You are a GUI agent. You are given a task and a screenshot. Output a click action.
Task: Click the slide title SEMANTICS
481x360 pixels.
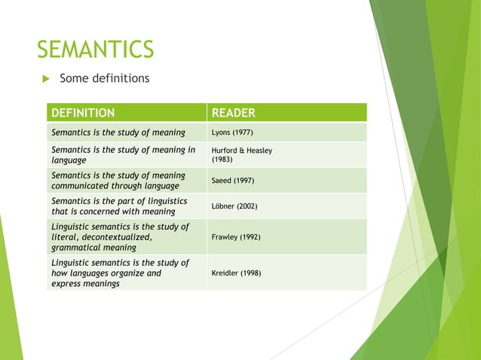coord(96,50)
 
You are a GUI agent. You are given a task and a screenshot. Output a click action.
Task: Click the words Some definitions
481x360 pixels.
coord(104,78)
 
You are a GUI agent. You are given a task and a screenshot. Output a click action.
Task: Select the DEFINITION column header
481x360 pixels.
coord(83,113)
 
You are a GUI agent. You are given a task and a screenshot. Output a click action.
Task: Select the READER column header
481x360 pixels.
coord(234,113)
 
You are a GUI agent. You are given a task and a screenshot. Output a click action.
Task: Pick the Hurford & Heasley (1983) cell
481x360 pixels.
coord(241,155)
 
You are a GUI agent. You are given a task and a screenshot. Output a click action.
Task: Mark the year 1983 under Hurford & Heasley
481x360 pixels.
coord(222,160)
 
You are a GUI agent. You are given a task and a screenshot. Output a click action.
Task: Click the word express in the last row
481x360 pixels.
coord(66,284)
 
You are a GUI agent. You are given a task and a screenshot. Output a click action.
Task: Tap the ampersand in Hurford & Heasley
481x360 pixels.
coord(244,151)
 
